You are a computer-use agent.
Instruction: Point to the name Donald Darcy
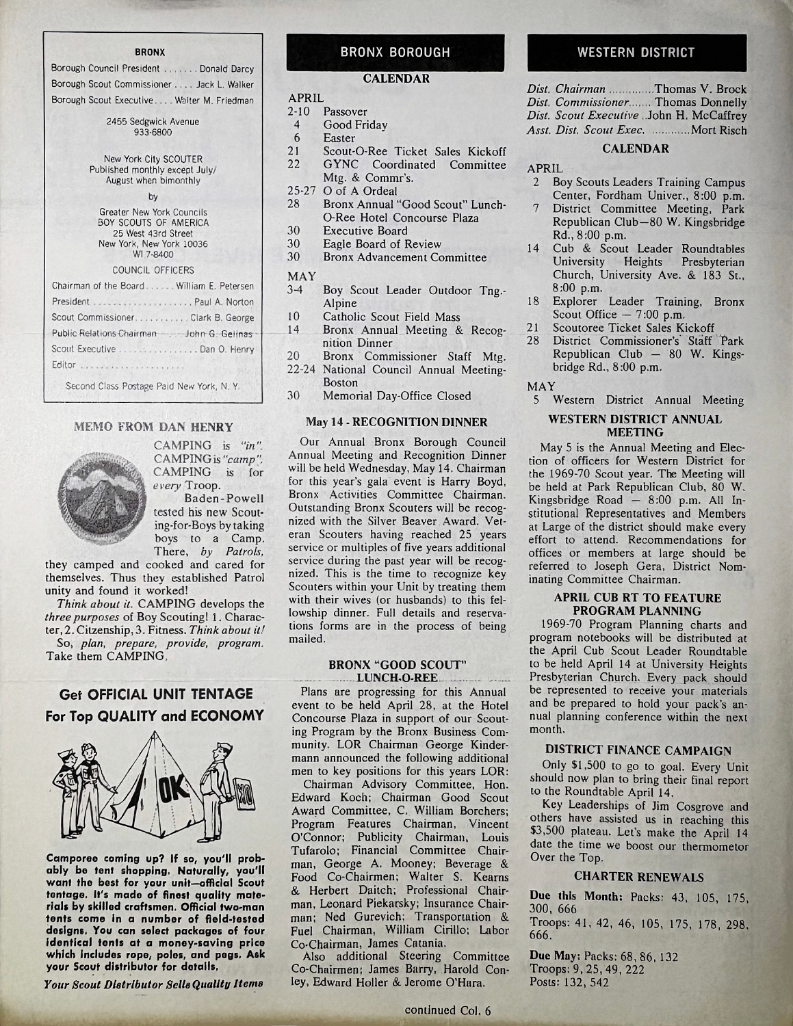point(226,69)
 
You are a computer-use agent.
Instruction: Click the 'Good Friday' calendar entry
point(354,125)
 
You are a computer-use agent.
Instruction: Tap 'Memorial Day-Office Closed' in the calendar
point(397,395)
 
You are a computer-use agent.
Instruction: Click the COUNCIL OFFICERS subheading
point(153,270)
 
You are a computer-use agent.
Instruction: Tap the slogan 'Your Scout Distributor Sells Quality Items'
point(153,986)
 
